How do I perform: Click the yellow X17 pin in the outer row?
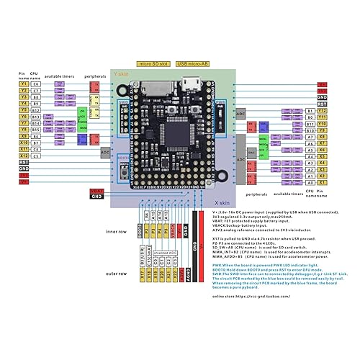click(x=141, y=274)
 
